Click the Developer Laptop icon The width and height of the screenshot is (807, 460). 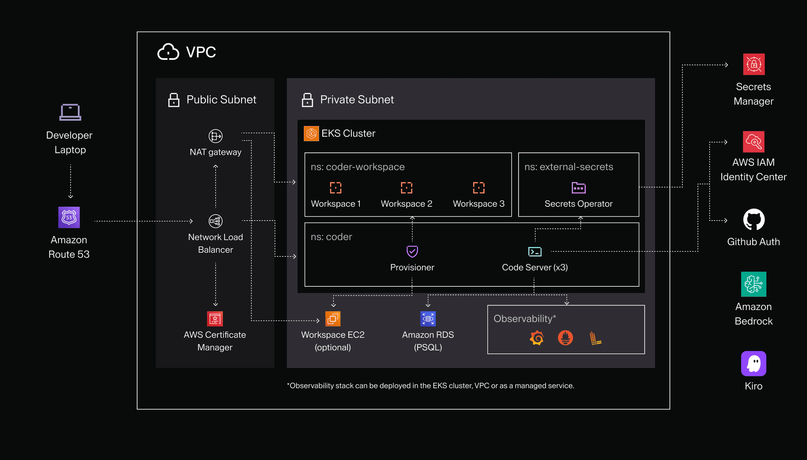tap(70, 112)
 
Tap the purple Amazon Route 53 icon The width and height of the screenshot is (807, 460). tap(69, 217)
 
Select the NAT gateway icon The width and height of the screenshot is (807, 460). tap(216, 136)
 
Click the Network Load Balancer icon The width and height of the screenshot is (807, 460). tap(216, 221)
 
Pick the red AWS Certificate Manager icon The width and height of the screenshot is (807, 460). tap(215, 319)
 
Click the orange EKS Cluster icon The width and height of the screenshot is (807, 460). tap(311, 134)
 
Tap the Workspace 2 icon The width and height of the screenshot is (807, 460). tap(407, 188)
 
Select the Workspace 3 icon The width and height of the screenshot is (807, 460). tap(479, 188)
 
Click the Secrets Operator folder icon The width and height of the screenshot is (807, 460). tap(578, 188)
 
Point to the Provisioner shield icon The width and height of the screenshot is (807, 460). tap(412, 251)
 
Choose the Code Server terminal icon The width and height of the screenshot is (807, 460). tap(535, 252)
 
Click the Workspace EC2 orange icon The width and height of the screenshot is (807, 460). tap(333, 319)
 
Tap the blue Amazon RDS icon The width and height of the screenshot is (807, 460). tap(428, 319)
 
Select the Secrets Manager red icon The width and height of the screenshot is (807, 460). tap(754, 64)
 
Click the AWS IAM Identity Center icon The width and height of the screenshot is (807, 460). tap(754, 142)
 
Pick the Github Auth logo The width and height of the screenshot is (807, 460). tap(754, 219)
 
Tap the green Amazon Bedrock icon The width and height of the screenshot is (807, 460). tap(754, 284)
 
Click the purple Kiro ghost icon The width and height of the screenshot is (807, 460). tap(754, 364)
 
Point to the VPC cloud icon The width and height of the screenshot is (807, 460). tap(168, 52)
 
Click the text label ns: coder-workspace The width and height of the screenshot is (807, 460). tap(358, 167)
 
